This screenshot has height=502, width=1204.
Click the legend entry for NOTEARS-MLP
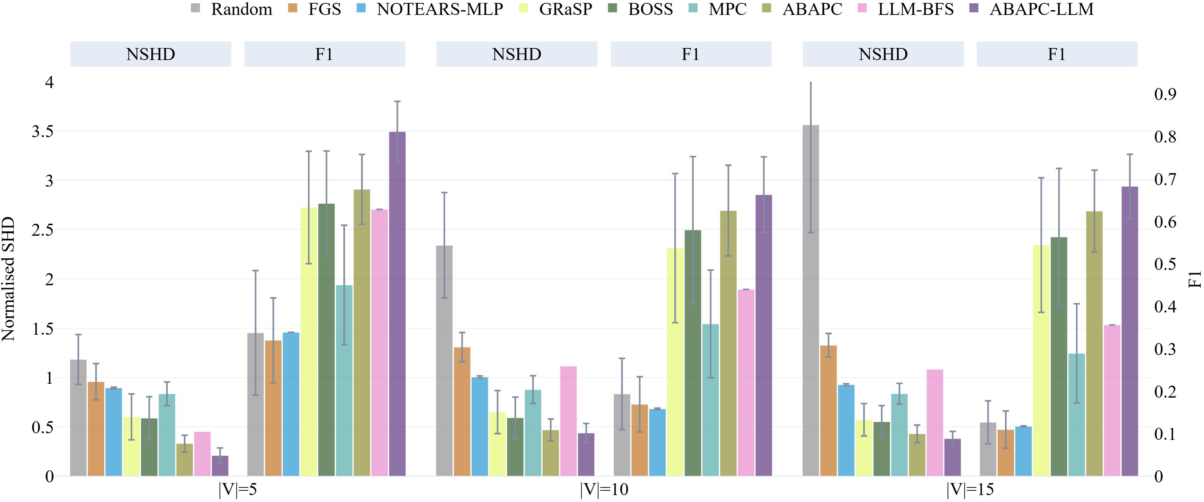(x=439, y=9)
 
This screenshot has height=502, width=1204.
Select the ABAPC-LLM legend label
(x=1041, y=9)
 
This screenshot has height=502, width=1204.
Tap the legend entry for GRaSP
(x=565, y=9)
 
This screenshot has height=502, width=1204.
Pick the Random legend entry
(x=241, y=9)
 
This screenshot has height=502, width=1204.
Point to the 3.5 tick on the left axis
(x=43, y=132)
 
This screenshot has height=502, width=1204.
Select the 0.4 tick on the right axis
(x=1165, y=307)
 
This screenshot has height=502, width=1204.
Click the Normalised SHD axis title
(x=8, y=279)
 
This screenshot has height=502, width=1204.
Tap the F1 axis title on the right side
(x=1194, y=279)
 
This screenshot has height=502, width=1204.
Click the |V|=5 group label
(x=238, y=489)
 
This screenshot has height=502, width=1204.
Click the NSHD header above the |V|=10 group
(x=517, y=54)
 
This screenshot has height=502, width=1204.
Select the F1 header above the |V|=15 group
(x=1056, y=54)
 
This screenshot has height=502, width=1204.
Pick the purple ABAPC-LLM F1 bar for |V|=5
(x=397, y=304)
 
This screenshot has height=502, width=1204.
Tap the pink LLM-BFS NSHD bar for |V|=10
(x=568, y=421)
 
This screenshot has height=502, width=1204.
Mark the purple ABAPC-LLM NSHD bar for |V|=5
(x=220, y=466)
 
